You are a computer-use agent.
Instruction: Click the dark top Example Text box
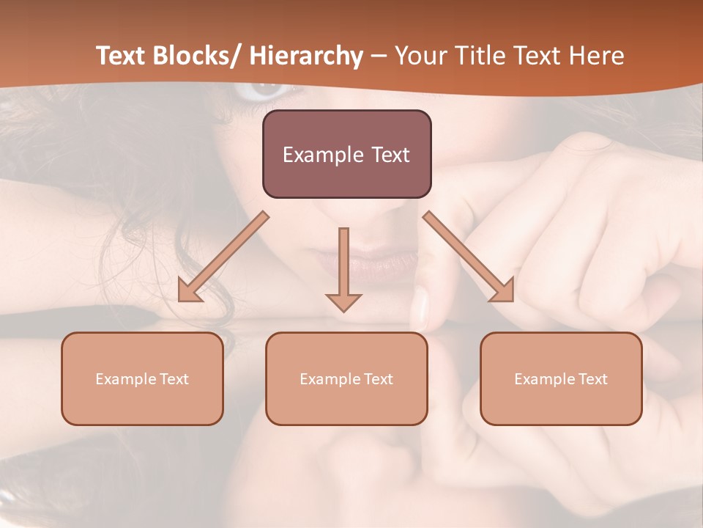coord(346,154)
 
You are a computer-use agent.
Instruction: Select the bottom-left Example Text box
coord(142,378)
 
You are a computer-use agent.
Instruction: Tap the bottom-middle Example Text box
coord(346,378)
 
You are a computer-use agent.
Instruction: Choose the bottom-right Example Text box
coord(561,378)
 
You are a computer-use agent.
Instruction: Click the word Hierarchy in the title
coord(305,56)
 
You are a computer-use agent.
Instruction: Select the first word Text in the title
coord(121,56)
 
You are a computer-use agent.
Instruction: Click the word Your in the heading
coord(421,56)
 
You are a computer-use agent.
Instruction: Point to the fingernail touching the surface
coord(420,308)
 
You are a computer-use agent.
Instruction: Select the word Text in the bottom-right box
coord(592,379)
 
